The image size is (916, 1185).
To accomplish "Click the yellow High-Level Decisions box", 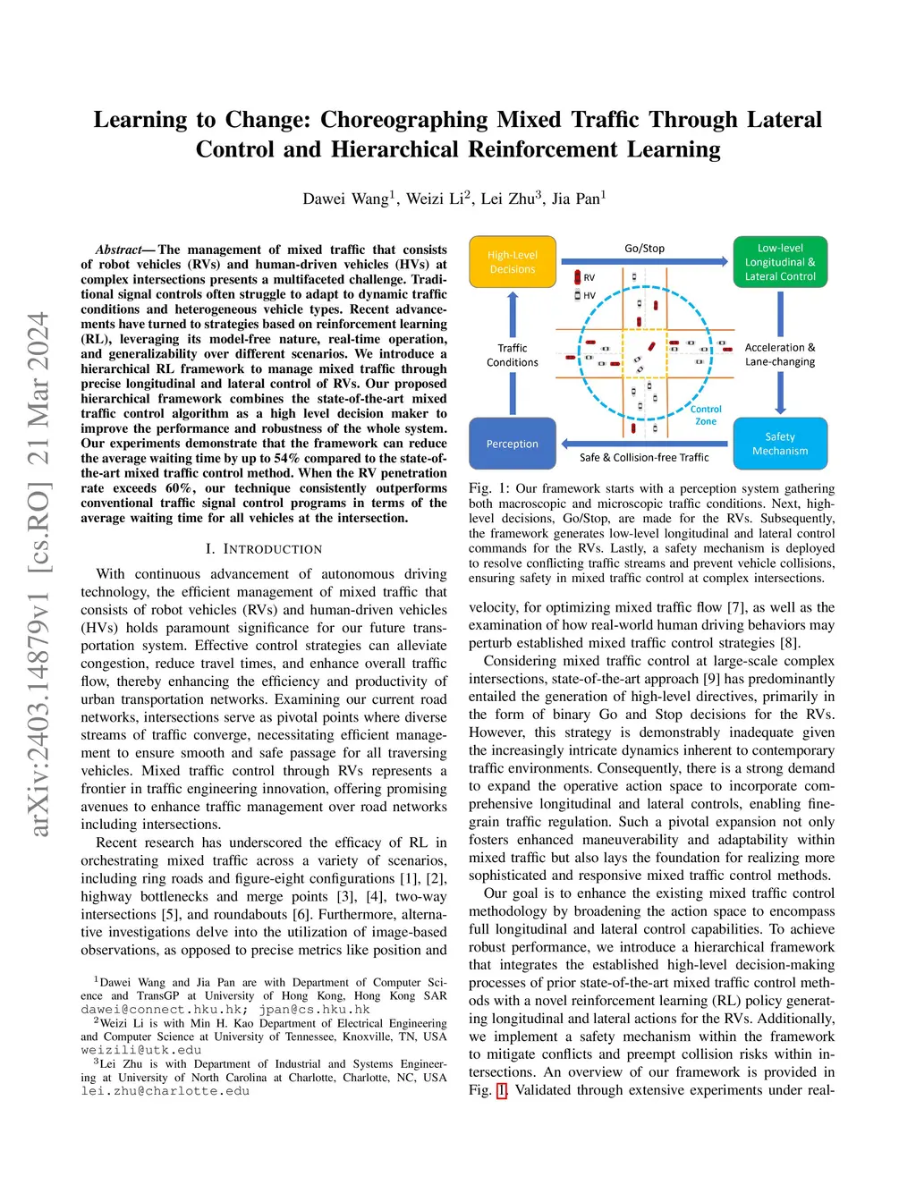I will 513,262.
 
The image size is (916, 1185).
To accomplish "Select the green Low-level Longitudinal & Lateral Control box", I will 780,262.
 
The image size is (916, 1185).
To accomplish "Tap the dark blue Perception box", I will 513,444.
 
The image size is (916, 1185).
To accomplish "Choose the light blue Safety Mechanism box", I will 780,444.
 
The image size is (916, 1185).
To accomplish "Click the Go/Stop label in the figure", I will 644,249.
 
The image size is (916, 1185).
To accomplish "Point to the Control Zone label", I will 706,415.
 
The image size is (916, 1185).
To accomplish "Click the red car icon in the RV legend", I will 578,278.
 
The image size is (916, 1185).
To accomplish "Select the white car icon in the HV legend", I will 578,295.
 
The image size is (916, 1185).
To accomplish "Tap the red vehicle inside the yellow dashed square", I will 651,346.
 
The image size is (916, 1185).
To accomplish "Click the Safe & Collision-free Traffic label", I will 644,458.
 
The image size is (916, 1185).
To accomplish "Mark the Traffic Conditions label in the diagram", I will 513,355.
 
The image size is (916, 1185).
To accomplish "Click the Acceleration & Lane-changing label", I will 780,355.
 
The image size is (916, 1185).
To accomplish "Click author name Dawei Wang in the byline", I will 345,199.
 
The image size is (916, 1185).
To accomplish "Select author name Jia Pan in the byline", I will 576,199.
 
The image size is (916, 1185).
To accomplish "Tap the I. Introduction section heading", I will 264,549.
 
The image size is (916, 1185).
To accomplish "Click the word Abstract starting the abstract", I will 120,250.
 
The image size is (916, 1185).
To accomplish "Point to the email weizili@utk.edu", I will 141,1050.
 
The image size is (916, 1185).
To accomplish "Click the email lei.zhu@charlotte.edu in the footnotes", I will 165,1091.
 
